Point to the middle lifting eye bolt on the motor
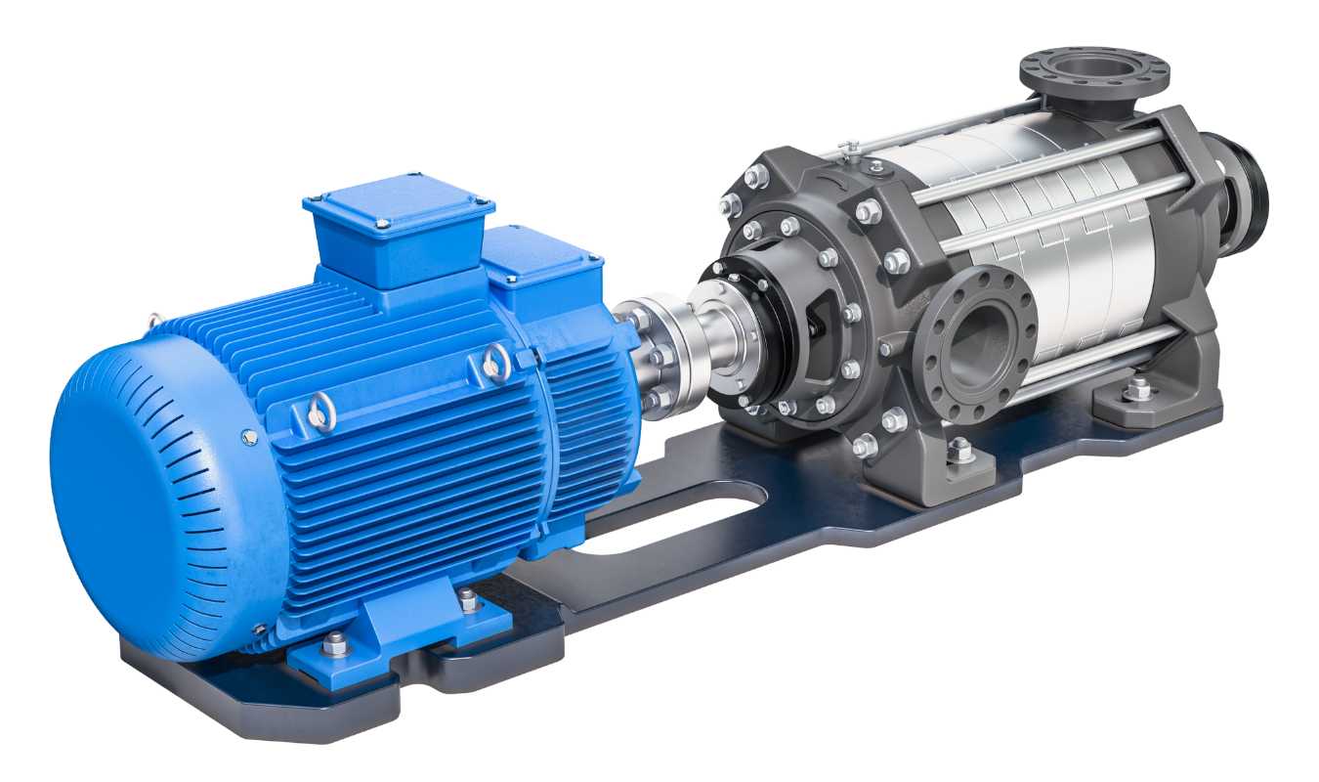[x=318, y=412]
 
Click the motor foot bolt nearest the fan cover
[x=335, y=642]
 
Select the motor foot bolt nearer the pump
[x=469, y=598]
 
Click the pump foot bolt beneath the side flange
[x=959, y=451]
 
